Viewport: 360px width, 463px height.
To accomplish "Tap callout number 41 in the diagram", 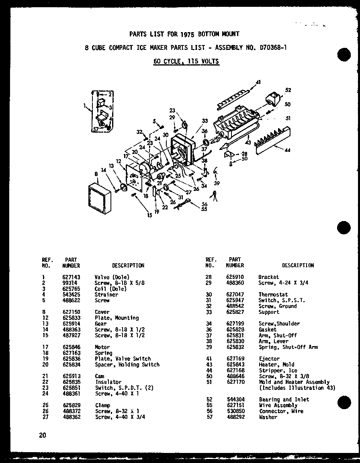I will [x=258, y=82].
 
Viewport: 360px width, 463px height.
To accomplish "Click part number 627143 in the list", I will [x=71, y=277].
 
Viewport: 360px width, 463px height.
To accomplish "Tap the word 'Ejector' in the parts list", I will [x=269, y=359].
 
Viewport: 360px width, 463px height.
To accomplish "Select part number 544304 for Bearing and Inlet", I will [x=235, y=399].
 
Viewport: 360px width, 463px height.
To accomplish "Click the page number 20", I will [x=43, y=435].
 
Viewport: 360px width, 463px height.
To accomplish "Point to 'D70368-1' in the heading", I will [x=271, y=48].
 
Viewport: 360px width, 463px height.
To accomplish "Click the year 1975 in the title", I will [x=176, y=34].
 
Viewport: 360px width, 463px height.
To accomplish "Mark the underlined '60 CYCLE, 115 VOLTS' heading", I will [x=186, y=61].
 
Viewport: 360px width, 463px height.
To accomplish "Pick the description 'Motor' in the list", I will [x=102, y=347].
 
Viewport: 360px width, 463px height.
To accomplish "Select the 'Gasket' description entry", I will [x=267, y=330].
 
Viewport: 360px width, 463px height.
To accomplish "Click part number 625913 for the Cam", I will [x=71, y=376].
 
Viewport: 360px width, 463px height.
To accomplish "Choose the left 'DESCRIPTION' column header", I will [x=128, y=266].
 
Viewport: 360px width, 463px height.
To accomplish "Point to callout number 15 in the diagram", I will [x=149, y=215].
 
